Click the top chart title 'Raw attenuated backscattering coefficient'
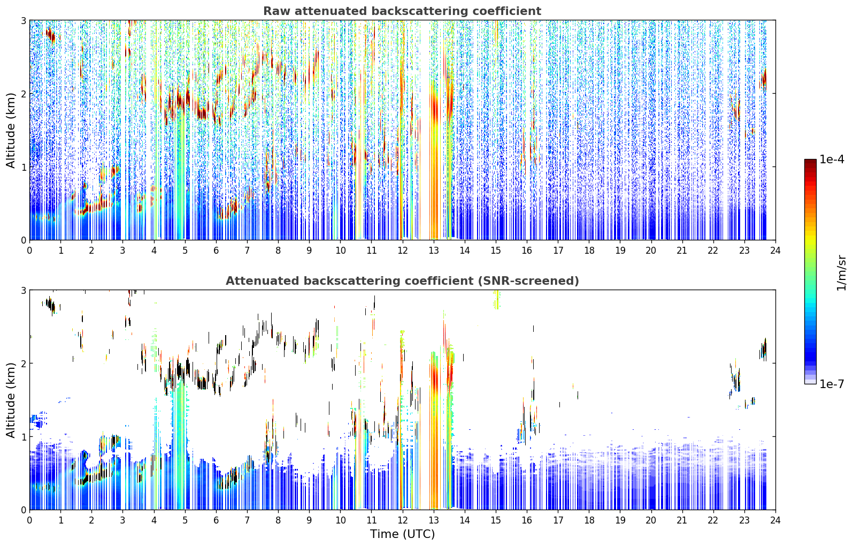[x=402, y=11]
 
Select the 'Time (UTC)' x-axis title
[x=402, y=534]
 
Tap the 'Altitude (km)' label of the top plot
[x=11, y=131]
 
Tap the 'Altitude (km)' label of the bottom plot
[x=11, y=400]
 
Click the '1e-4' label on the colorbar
[x=831, y=160]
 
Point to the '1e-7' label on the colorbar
[x=831, y=384]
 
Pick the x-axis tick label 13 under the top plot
[x=433, y=251]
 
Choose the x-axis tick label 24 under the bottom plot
[x=775, y=520]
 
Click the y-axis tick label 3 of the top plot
[x=23, y=20]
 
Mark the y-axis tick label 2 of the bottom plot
[x=23, y=363]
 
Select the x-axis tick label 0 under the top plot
[x=30, y=251]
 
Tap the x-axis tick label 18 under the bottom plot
[x=589, y=520]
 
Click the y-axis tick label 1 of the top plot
[x=23, y=167]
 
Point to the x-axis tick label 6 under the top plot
[x=216, y=251]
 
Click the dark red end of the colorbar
[x=810, y=162]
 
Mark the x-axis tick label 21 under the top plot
[x=682, y=251]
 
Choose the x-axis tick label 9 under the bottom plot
[x=309, y=520]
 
